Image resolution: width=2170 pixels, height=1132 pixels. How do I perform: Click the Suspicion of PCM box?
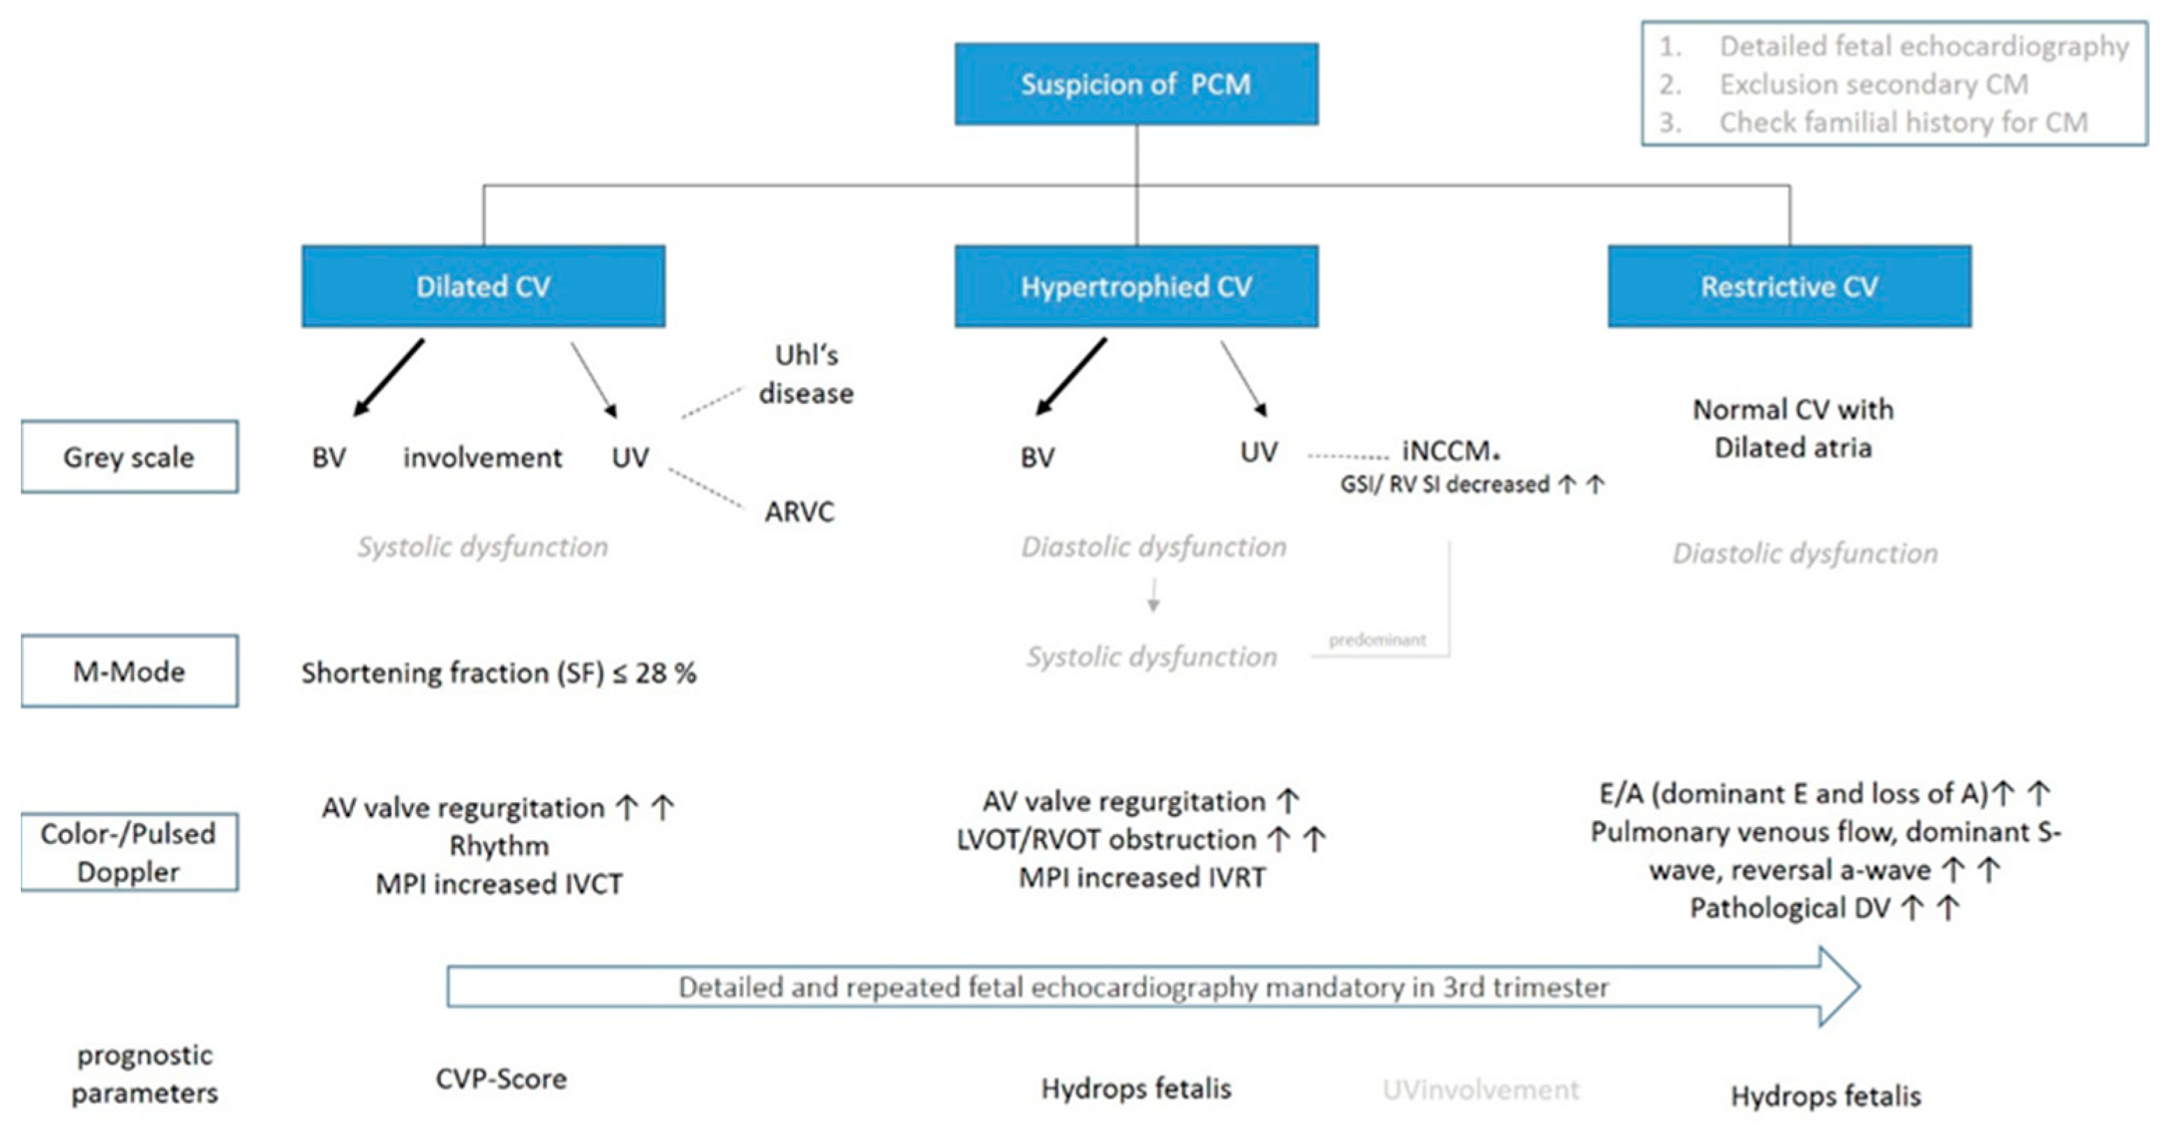click(1135, 84)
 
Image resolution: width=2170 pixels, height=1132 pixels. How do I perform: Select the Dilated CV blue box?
click(483, 287)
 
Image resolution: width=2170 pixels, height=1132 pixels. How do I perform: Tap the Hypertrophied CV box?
click(1135, 287)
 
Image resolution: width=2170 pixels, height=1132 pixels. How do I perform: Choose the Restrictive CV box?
click(1788, 287)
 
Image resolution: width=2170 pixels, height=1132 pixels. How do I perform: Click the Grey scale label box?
click(129, 457)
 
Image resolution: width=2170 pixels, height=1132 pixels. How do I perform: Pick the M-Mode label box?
click(129, 671)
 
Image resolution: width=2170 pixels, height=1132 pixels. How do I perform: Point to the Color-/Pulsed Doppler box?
click(129, 852)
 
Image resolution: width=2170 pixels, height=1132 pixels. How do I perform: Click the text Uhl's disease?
click(805, 374)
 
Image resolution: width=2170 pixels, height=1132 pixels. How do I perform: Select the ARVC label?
click(799, 511)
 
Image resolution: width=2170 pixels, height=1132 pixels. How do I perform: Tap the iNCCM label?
click(1449, 451)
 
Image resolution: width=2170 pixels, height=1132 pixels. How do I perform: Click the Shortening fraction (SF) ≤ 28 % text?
click(499, 673)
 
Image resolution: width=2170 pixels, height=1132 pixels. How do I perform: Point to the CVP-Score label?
click(501, 1079)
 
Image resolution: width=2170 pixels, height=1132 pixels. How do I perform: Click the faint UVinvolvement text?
click(1480, 1090)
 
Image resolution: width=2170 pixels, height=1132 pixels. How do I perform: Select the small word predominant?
click(1377, 640)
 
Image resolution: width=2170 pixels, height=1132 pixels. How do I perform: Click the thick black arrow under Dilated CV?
click(389, 377)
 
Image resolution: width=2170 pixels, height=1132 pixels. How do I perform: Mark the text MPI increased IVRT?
click(1142, 877)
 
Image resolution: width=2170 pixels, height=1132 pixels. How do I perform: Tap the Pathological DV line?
click(1824, 908)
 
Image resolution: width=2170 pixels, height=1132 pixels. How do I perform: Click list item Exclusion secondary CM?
click(1873, 84)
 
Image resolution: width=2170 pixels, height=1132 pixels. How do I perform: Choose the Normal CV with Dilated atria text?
click(1793, 428)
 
